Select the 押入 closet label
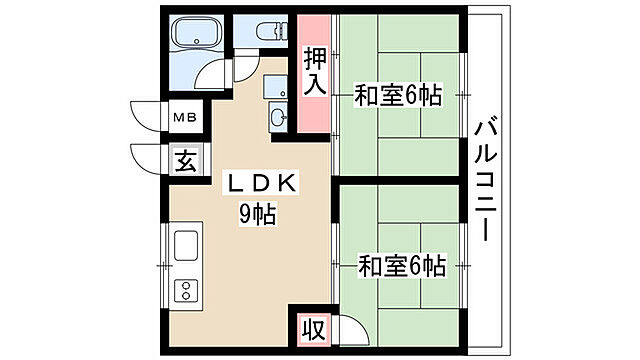pyautogui.click(x=314, y=73)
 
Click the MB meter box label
pyautogui.click(x=187, y=118)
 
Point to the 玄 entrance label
pyautogui.click(x=187, y=158)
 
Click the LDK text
pyautogui.click(x=257, y=184)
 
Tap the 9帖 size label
pyautogui.click(x=257, y=213)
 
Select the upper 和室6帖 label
pyautogui.click(x=398, y=97)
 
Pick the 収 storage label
pyautogui.click(x=314, y=329)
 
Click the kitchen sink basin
pyautogui.click(x=186, y=246)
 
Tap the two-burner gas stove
pyautogui.click(x=186, y=290)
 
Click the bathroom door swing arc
pyautogui.click(x=213, y=79)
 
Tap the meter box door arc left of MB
pyautogui.click(x=147, y=116)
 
